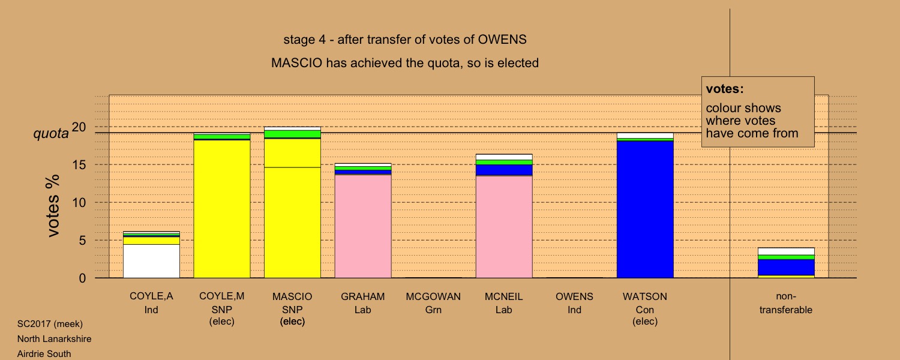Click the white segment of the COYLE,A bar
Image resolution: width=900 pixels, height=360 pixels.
tap(151, 261)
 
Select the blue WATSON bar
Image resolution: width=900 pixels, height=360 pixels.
tap(645, 209)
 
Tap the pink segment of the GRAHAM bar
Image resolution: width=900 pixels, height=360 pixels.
tap(363, 226)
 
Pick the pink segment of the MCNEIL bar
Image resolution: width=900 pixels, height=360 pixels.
tap(504, 227)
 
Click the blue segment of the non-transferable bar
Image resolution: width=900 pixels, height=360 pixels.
tap(786, 267)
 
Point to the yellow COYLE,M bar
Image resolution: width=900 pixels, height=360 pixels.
tap(222, 209)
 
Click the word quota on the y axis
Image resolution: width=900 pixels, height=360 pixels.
tap(51, 133)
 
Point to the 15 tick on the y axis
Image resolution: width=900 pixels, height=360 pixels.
tap(79, 165)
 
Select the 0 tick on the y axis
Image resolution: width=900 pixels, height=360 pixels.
tap(82, 278)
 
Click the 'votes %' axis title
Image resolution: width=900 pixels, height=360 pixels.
tap(53, 206)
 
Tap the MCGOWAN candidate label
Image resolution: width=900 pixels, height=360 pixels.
tap(433, 296)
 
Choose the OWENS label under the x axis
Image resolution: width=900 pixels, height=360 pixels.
tap(574, 296)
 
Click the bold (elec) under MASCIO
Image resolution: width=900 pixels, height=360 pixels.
tap(292, 322)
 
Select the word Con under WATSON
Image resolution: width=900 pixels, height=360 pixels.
tap(645, 310)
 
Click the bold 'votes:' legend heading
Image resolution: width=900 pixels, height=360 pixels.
tap(725, 89)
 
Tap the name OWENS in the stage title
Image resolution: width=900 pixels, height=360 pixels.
tap(502, 40)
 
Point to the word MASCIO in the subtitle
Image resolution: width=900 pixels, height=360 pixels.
tap(296, 62)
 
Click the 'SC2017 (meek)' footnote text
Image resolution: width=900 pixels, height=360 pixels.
tap(50, 324)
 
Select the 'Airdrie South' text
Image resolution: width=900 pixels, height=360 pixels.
tap(44, 354)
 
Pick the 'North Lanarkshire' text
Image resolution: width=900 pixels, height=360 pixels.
tap(54, 339)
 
